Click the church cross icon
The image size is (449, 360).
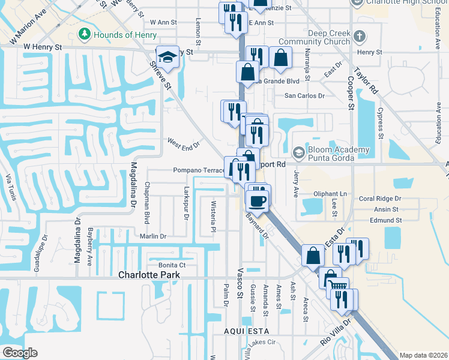click(360, 37)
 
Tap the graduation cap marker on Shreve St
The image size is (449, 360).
click(168, 58)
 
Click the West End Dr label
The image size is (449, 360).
click(182, 144)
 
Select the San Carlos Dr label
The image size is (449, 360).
click(304, 95)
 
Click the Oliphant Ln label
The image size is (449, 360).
click(330, 194)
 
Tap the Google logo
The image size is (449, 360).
click(19, 353)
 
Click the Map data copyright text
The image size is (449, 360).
click(423, 355)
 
